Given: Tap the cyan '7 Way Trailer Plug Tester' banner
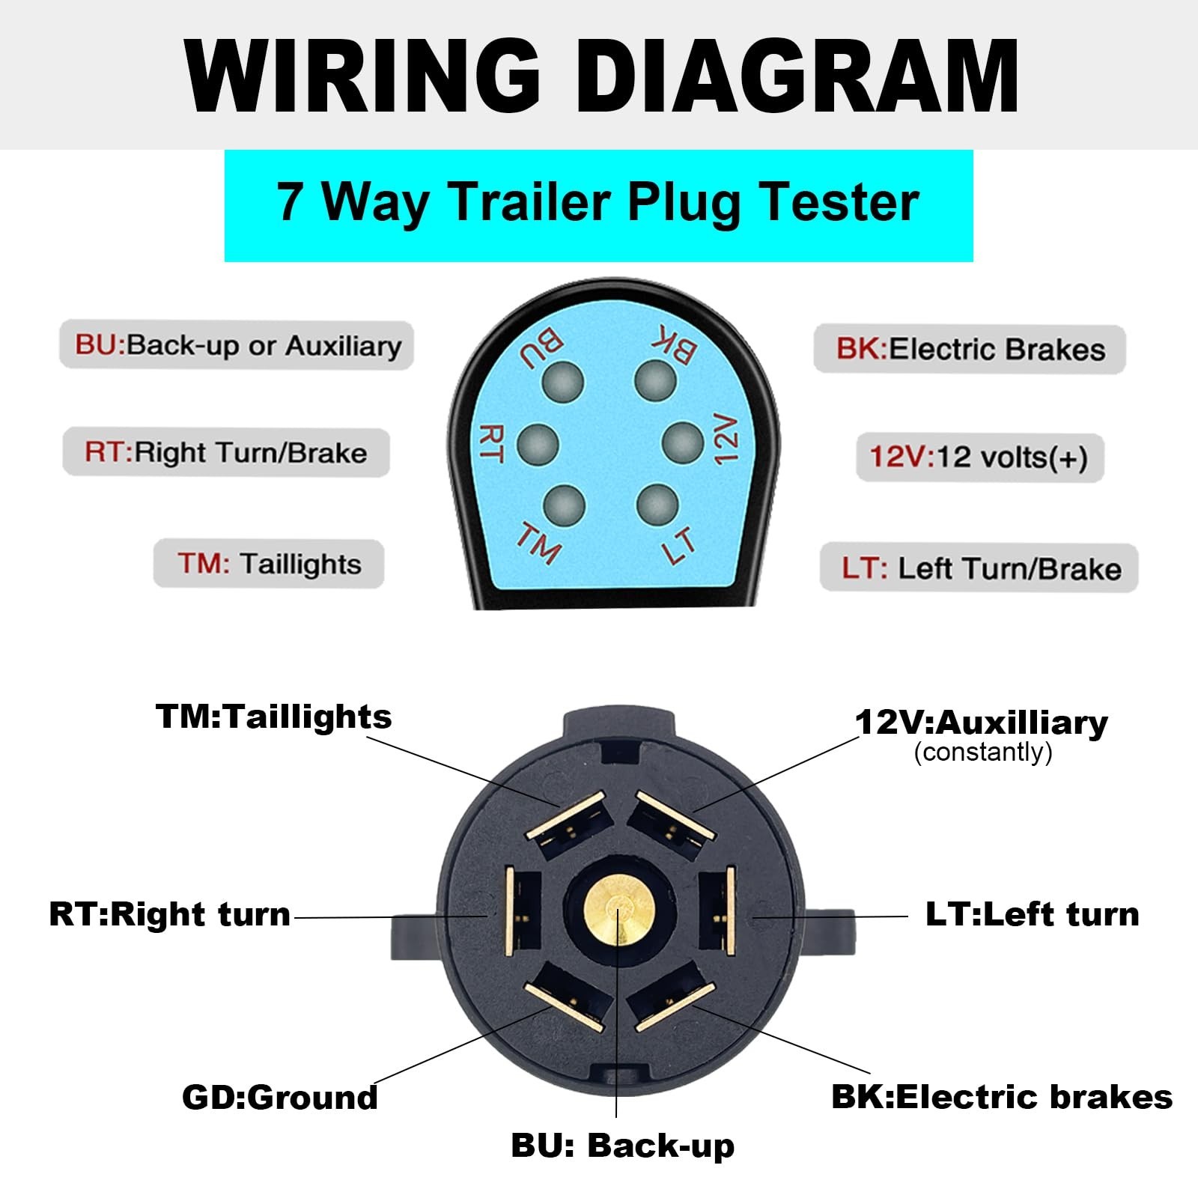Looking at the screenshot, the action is click(x=598, y=204).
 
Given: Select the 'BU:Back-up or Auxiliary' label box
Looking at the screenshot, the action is click(x=237, y=345).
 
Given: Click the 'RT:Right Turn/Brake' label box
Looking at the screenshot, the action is click(x=226, y=452).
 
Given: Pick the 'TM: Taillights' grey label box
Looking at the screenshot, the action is click(x=269, y=563).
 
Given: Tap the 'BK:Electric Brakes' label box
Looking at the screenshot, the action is click(x=970, y=349).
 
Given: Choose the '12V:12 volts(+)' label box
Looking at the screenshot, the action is click(x=979, y=457).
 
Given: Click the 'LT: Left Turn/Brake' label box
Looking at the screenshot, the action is click(x=979, y=568).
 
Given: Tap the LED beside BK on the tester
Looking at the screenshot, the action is click(x=655, y=380).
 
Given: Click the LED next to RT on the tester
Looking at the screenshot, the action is click(x=538, y=443).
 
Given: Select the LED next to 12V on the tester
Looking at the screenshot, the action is click(x=683, y=443).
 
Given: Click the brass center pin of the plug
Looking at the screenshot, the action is click(x=618, y=912).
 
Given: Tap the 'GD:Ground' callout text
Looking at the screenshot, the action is click(x=280, y=1098).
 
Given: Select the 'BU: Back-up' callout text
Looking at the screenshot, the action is click(x=623, y=1146).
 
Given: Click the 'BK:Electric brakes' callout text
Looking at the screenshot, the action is click(x=1002, y=1097).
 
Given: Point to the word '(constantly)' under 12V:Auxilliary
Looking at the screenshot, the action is click(x=983, y=751).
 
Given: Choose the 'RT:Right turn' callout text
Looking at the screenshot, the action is click(x=170, y=914).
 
